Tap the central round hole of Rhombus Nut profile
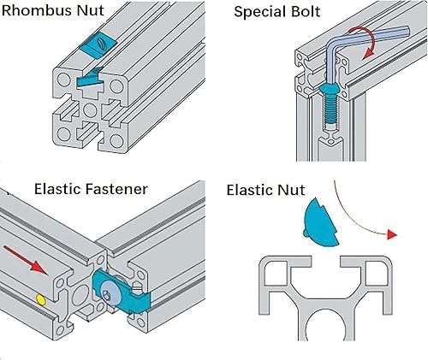[89, 112]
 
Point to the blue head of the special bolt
[329, 87]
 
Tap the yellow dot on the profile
[40, 300]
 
